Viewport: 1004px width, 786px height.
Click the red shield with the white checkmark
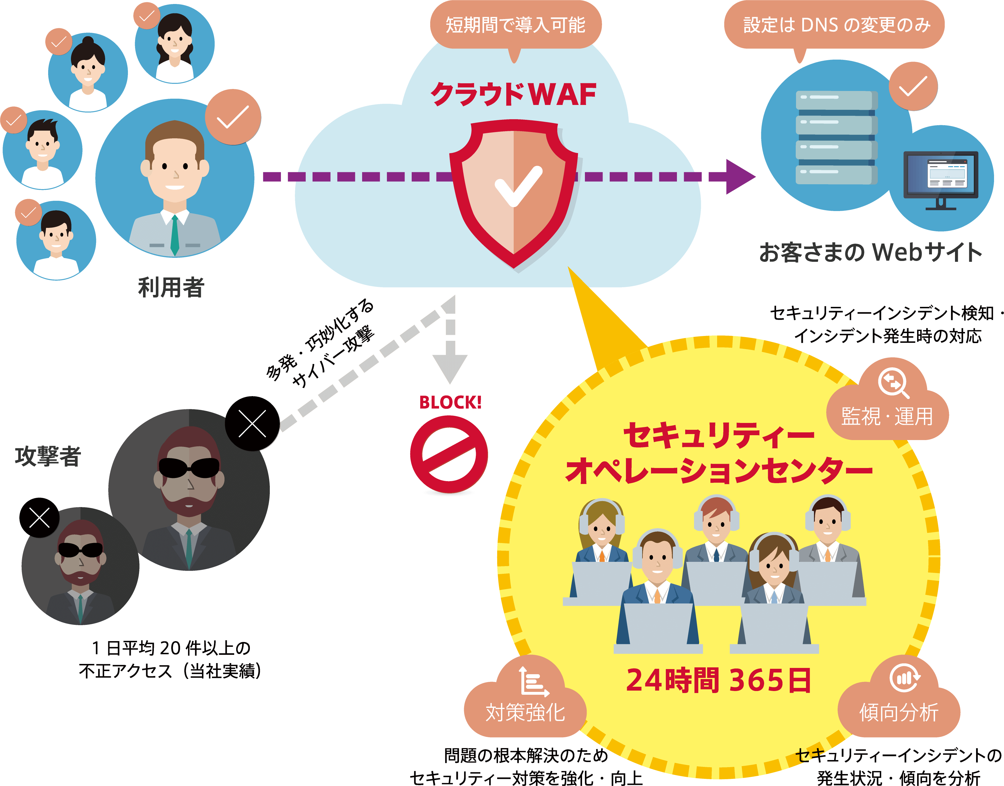pyautogui.click(x=513, y=191)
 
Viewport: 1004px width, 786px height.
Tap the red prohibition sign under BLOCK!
pyautogui.click(x=449, y=455)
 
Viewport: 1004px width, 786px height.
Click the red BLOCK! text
pyautogui.click(x=450, y=403)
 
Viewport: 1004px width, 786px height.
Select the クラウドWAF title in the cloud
pyautogui.click(x=513, y=94)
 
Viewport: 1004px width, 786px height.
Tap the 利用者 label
pyautogui.click(x=171, y=287)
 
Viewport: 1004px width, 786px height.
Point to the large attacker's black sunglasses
pyautogui.click(x=189, y=467)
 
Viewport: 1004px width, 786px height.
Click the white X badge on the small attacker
pyautogui.click(x=40, y=518)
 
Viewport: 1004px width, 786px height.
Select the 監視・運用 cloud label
pyautogui.click(x=887, y=416)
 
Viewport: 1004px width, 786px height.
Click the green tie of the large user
pyautogui.click(x=175, y=235)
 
